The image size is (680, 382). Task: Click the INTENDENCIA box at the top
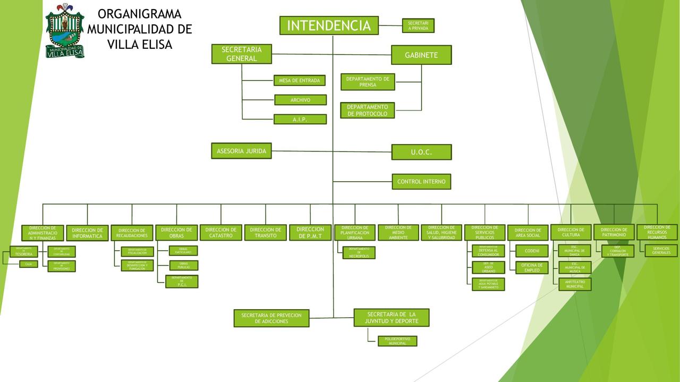329,26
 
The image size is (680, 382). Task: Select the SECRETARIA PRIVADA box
418,26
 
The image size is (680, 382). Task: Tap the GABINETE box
421,55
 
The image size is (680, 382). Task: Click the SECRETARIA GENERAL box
242,54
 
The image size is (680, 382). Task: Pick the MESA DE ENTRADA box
300,81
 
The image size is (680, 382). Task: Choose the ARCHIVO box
300,100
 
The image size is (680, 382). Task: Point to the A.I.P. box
300,120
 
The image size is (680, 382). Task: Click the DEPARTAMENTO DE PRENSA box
368,82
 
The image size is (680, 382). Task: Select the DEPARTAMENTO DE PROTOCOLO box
368,111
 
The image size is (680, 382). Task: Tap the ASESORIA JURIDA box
241,151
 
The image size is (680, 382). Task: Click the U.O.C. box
421,152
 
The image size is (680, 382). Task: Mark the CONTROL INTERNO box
421,182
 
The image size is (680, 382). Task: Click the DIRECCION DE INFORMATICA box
88,233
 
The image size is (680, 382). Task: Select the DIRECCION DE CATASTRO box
221,233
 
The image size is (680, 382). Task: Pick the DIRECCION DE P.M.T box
310,233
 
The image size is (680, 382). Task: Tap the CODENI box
532,251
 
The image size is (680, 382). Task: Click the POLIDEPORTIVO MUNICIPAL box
397,341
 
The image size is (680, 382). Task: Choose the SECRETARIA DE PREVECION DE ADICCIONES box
271,318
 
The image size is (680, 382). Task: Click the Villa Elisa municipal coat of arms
65,31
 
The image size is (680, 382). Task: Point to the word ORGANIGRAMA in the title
140,14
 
